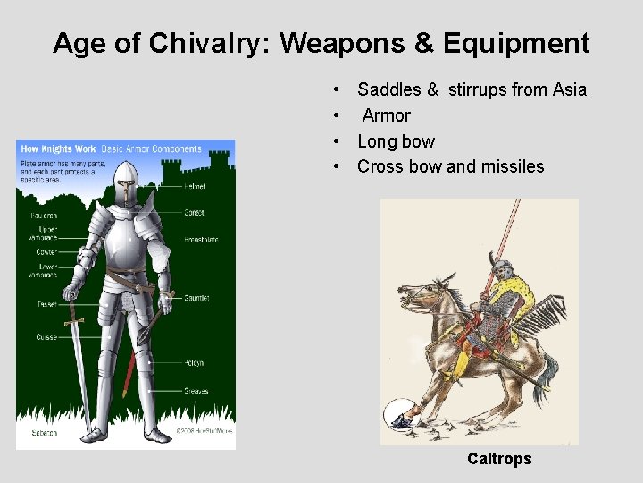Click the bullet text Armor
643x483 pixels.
(x=387, y=115)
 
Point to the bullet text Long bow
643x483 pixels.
(x=397, y=141)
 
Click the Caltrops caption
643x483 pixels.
(x=499, y=459)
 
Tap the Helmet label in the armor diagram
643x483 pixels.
(x=195, y=187)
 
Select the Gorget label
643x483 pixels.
(x=195, y=213)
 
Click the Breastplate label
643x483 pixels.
(x=201, y=240)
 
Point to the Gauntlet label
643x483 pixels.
(x=197, y=298)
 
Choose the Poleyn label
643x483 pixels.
(x=195, y=362)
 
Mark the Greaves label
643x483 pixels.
(x=196, y=391)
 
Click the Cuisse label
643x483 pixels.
(x=46, y=337)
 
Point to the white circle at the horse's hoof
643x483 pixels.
(x=397, y=414)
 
